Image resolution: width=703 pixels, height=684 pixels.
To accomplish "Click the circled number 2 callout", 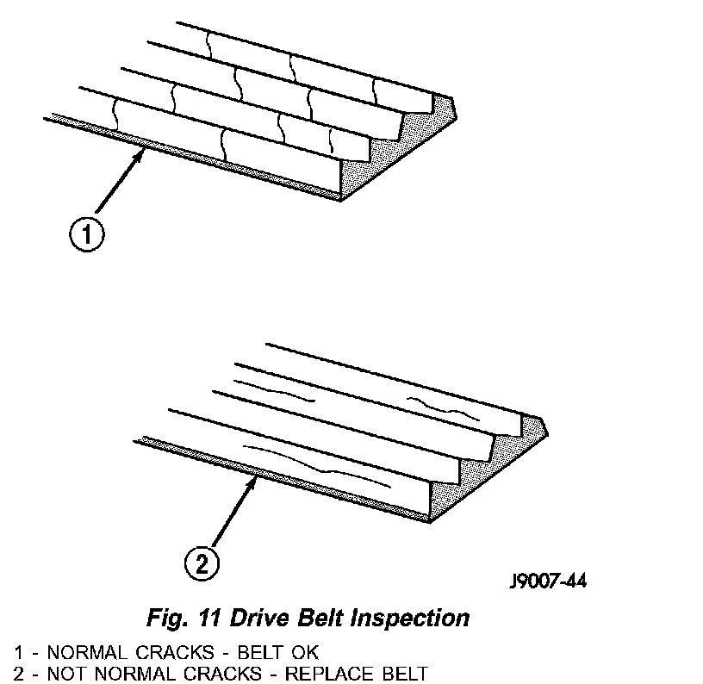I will pos(201,564).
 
